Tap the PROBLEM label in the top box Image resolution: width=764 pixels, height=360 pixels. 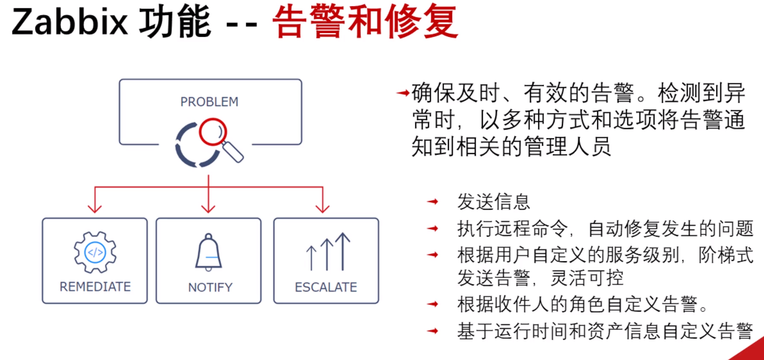point(209,102)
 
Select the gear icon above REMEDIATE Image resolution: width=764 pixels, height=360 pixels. point(95,252)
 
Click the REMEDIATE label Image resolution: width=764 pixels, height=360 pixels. point(95,287)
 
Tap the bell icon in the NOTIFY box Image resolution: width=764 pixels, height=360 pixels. point(208,252)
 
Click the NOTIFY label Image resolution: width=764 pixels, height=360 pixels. point(210,287)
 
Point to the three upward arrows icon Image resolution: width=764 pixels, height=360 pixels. point(328,252)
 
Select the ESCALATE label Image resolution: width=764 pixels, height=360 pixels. point(326,287)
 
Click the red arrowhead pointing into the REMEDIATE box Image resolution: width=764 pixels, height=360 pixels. point(95,208)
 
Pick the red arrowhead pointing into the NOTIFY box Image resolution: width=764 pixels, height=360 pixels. point(208,208)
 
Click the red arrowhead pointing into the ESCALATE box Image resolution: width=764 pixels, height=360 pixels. point(322,208)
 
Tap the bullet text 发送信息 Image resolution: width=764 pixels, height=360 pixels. point(493,202)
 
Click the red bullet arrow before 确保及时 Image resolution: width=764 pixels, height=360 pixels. point(403,93)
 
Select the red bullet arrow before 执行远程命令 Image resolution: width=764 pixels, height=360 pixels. point(433,228)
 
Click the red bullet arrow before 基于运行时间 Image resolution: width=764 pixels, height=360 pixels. point(433,331)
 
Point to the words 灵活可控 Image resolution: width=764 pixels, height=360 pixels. point(587,278)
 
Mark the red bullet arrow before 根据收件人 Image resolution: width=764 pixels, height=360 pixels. point(433,304)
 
